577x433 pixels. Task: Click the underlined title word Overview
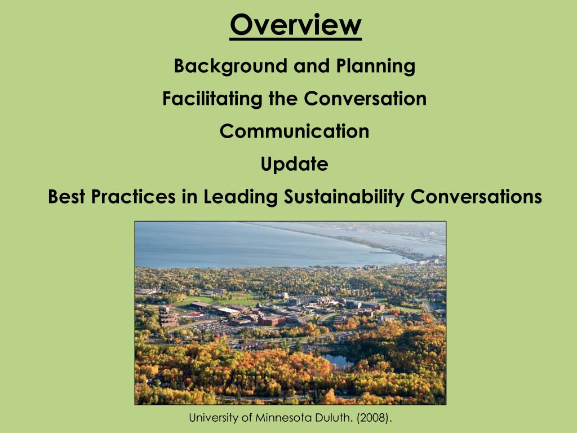[x=295, y=25]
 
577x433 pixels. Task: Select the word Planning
[x=376, y=67]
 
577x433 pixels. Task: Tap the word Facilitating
[x=212, y=99]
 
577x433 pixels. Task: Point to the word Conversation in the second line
[x=365, y=99]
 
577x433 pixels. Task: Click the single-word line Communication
[x=294, y=131]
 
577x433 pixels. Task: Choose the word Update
[x=294, y=164]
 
